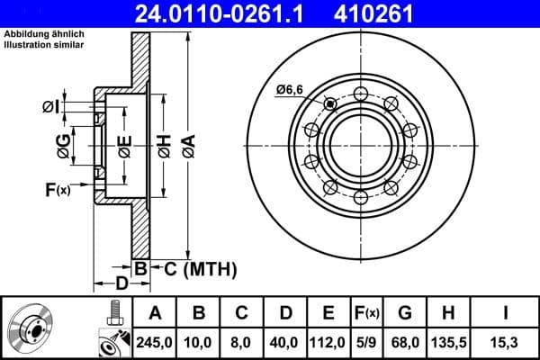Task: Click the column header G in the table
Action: (405, 313)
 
